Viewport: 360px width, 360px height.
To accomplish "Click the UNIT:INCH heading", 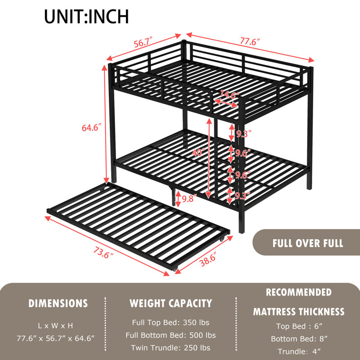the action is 86,17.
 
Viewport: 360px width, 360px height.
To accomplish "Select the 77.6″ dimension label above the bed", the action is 250,41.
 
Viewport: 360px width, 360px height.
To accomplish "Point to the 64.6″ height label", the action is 91,128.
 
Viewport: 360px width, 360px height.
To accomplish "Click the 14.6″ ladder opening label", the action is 229,94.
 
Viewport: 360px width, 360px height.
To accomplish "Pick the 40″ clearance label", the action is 198,152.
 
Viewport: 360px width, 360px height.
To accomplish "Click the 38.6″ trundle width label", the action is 208,261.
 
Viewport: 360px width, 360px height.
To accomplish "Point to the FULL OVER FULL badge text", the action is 308,243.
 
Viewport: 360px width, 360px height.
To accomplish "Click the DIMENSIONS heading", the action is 58,303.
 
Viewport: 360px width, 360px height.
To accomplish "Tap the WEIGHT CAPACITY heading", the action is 171,303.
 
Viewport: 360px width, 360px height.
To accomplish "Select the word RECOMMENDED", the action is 299,292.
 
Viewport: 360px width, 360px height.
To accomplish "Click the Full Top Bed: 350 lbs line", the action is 171,323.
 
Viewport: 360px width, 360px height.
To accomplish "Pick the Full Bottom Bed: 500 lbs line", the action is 171,335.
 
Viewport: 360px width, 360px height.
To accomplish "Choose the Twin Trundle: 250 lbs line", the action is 171,348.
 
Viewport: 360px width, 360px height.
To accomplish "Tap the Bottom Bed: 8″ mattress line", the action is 299,339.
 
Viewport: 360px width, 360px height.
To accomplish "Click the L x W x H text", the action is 55,326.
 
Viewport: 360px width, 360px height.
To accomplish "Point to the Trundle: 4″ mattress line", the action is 299,351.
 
